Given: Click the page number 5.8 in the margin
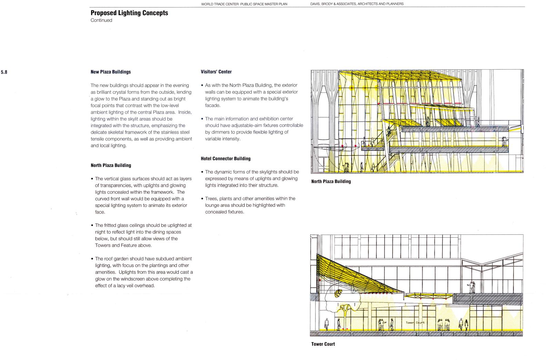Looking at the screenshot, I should (x=4, y=72).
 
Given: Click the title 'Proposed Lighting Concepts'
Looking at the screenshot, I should (x=129, y=13).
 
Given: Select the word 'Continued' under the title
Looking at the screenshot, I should (x=101, y=20).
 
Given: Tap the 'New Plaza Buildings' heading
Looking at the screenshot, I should (x=111, y=72).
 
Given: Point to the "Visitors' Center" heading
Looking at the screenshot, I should (x=216, y=72).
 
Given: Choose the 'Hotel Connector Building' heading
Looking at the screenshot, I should (x=225, y=159).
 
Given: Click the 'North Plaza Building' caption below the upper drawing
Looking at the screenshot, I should (x=331, y=181).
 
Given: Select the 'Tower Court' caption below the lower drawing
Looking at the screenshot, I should (x=323, y=344).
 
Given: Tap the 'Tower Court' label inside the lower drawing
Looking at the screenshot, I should (x=415, y=323).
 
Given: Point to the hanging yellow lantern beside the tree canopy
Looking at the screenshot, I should (x=338, y=293).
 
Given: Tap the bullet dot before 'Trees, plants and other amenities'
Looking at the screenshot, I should (x=202, y=199).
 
